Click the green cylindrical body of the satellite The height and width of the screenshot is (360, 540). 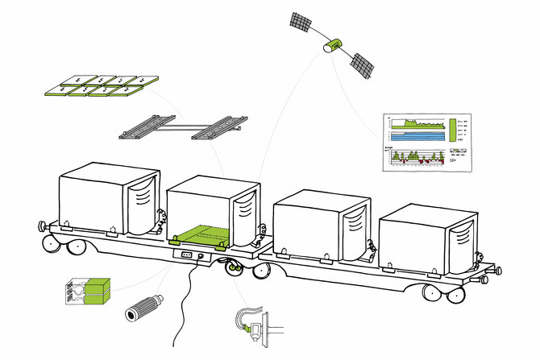coord(331,47)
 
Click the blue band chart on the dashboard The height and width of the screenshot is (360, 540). coord(417,136)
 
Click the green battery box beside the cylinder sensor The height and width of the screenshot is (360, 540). coord(86,291)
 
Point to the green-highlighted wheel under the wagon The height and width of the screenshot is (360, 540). coord(235,267)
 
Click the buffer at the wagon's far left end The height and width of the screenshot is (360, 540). coord(41,223)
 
